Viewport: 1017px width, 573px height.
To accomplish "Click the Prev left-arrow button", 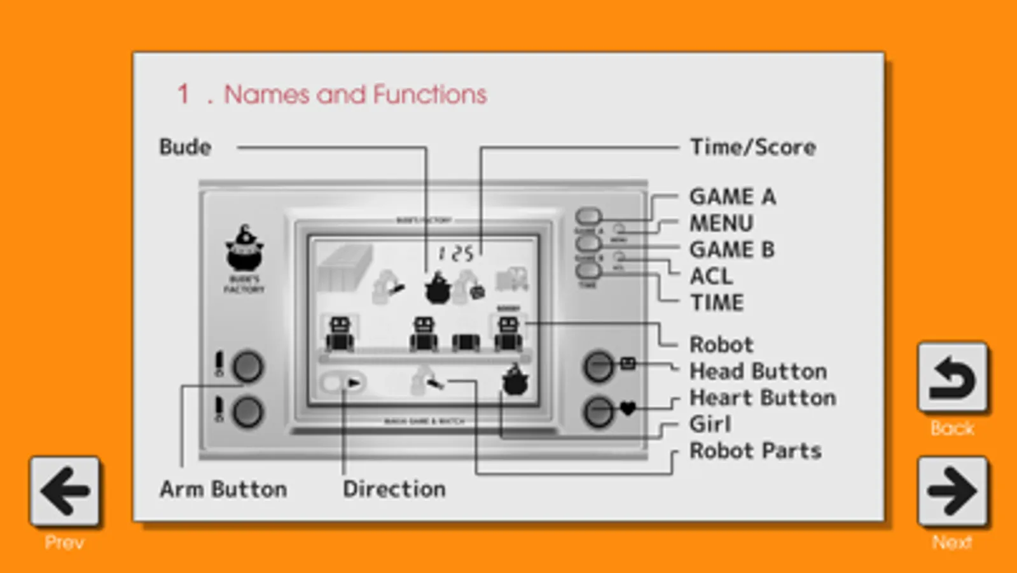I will (x=64, y=491).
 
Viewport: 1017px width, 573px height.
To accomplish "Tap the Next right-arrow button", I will (x=952, y=491).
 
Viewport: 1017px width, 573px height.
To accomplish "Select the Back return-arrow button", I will (x=952, y=378).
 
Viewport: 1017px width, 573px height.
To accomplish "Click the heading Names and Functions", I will (x=355, y=95).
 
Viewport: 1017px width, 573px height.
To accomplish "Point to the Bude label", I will (x=185, y=147).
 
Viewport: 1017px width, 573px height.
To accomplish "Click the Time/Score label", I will (x=753, y=147).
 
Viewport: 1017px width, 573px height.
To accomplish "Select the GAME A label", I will (x=733, y=197).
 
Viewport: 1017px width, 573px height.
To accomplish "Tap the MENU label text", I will (x=721, y=223).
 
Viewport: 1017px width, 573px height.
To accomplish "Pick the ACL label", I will (x=711, y=276).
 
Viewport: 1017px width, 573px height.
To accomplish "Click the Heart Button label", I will (x=763, y=398).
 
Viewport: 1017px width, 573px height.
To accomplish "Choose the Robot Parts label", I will (x=756, y=451).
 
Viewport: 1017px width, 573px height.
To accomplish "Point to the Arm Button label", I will (x=223, y=489).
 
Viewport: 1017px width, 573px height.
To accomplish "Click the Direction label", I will (x=394, y=489).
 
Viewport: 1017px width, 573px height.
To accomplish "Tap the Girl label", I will (x=710, y=424).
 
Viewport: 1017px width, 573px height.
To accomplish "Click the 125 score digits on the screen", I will (x=456, y=254).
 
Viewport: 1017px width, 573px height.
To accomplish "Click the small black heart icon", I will (x=628, y=408).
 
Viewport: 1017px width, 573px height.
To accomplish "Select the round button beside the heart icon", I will (x=598, y=412).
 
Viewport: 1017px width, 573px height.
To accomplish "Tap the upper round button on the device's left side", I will (x=247, y=367).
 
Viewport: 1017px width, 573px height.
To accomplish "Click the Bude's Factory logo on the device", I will (x=244, y=257).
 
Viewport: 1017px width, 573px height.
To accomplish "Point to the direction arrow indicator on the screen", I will (x=353, y=383).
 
